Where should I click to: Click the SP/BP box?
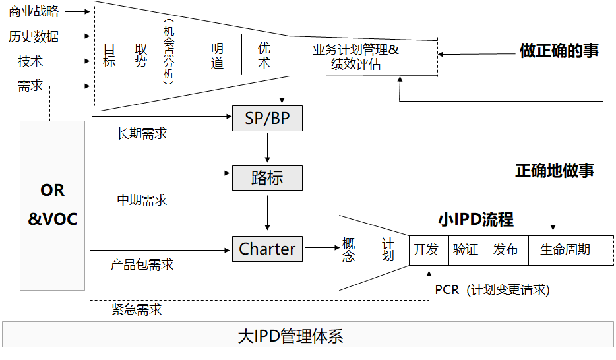[267, 119]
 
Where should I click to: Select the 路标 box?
[267, 178]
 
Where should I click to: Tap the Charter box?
[267, 249]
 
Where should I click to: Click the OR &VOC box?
[53, 205]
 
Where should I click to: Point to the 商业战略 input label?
[34, 11]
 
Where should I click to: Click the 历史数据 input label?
[34, 36]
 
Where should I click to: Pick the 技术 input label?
[30, 61]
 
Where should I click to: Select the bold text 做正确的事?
[559, 51]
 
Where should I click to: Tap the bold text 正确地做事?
[555, 171]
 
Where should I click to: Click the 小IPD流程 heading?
[476, 220]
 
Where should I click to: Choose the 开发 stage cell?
[426, 250]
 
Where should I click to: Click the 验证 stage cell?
[466, 250]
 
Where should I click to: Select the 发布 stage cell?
[506, 250]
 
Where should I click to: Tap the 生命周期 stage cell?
[565, 250]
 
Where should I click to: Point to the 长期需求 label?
[142, 134]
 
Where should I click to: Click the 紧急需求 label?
[137, 310]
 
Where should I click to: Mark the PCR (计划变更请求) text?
[492, 290]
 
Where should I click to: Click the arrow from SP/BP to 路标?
[267, 148]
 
